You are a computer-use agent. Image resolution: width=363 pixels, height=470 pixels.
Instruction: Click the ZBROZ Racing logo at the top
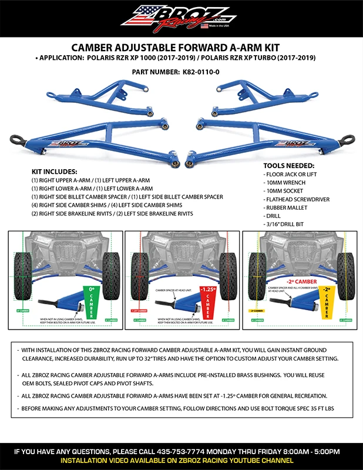tap(181, 17)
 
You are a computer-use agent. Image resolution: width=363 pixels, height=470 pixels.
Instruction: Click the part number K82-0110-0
tap(203, 72)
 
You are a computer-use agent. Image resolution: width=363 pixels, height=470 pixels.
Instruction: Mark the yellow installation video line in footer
tap(181, 461)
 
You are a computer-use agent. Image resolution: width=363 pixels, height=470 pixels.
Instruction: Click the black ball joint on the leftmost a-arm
tap(16, 140)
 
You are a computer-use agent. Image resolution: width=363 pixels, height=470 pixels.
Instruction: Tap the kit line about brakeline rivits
tap(112, 214)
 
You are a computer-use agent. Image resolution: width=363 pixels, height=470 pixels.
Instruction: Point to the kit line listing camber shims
tap(107, 205)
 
